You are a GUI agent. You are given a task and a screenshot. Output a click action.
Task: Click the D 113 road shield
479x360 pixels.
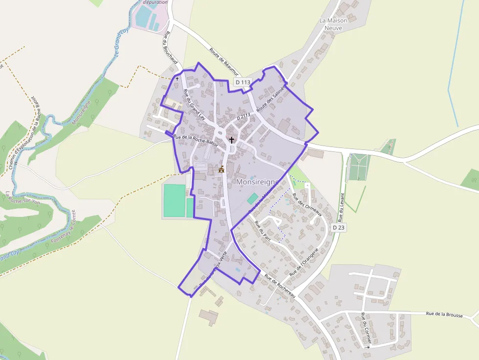point(242,83)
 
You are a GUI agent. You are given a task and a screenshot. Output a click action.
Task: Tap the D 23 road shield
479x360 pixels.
point(338,228)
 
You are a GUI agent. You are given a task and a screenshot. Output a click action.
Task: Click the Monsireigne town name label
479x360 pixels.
point(257,182)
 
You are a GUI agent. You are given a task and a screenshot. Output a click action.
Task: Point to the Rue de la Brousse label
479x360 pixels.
point(444,315)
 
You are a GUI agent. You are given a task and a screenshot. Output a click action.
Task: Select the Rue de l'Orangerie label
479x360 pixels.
point(304,262)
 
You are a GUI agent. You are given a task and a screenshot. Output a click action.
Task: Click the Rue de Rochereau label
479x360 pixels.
point(280,287)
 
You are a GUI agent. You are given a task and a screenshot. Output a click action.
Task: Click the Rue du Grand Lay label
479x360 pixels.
point(194,105)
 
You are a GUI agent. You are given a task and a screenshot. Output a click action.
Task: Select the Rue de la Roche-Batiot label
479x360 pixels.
point(196,140)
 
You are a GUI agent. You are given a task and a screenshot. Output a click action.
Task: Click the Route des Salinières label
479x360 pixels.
point(270,96)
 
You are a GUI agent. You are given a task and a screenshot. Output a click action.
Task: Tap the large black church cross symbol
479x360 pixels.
point(232,140)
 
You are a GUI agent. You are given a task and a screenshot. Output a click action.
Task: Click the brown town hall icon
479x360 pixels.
point(221,169)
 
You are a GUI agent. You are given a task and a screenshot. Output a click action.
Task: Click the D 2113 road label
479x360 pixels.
point(243,116)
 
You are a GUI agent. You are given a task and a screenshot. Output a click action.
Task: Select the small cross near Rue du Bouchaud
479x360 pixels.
point(177,78)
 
